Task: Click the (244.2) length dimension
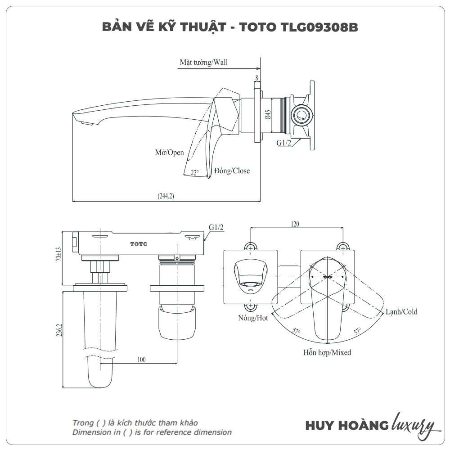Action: click(x=166, y=196)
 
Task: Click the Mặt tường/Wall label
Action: click(x=204, y=63)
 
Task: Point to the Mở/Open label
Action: click(x=170, y=153)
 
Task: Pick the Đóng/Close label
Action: click(x=232, y=171)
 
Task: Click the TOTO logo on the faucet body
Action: click(x=139, y=244)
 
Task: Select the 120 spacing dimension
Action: click(x=295, y=224)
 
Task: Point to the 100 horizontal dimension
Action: click(x=141, y=360)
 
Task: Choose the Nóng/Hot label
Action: click(x=253, y=318)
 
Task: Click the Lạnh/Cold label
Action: click(x=401, y=311)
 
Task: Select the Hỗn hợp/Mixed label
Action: click(x=327, y=352)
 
